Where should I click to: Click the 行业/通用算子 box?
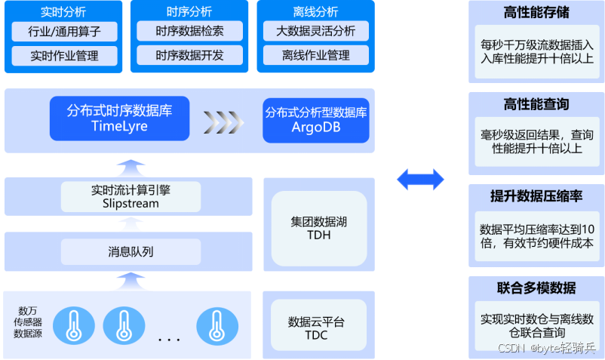pyautogui.click(x=64, y=31)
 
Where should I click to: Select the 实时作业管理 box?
pyautogui.click(x=64, y=56)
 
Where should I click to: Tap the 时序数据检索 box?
pyautogui.click(x=190, y=31)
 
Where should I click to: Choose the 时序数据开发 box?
pyautogui.click(x=190, y=55)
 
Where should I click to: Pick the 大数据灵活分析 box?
pyautogui.click(x=316, y=31)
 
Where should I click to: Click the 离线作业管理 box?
pyautogui.click(x=316, y=55)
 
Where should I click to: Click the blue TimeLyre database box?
pyautogui.click(x=120, y=118)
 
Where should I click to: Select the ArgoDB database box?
pyautogui.click(x=316, y=121)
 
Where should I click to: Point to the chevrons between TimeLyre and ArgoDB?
pyautogui.click(x=224, y=122)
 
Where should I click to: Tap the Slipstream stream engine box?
pyautogui.click(x=131, y=197)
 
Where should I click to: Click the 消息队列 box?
pyautogui.click(x=131, y=252)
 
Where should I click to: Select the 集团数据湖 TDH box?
pyautogui.click(x=319, y=229)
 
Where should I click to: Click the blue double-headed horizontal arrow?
pyautogui.click(x=421, y=180)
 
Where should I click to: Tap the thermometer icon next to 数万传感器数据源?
pyautogui.click(x=74, y=325)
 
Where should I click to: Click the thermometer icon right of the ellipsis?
pyautogui.click(x=217, y=326)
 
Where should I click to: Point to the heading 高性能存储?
pyautogui.click(x=536, y=12)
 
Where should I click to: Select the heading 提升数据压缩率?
pyautogui.click(x=536, y=196)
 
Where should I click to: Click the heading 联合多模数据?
pyautogui.click(x=536, y=288)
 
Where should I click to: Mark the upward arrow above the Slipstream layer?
pyautogui.click(x=131, y=168)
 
